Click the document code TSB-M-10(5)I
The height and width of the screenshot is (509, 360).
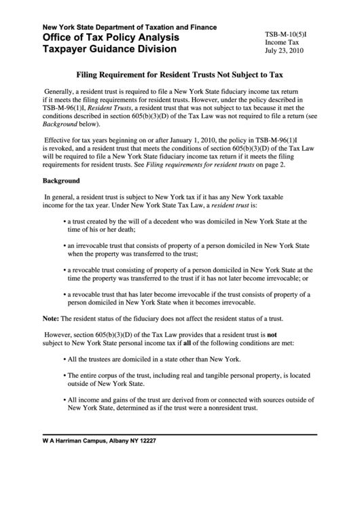(x=288, y=32)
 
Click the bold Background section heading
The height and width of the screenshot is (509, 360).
(x=61, y=181)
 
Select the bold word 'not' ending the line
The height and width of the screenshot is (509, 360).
(x=272, y=334)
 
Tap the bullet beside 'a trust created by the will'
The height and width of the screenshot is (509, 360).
(x=63, y=221)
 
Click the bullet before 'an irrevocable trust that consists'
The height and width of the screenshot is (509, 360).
(x=63, y=245)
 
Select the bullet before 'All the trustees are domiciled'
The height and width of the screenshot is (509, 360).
(x=63, y=359)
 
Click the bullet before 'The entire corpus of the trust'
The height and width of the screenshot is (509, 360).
(x=63, y=375)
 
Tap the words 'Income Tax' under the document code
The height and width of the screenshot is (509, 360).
(x=281, y=41)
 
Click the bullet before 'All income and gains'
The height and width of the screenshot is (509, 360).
(x=63, y=400)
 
